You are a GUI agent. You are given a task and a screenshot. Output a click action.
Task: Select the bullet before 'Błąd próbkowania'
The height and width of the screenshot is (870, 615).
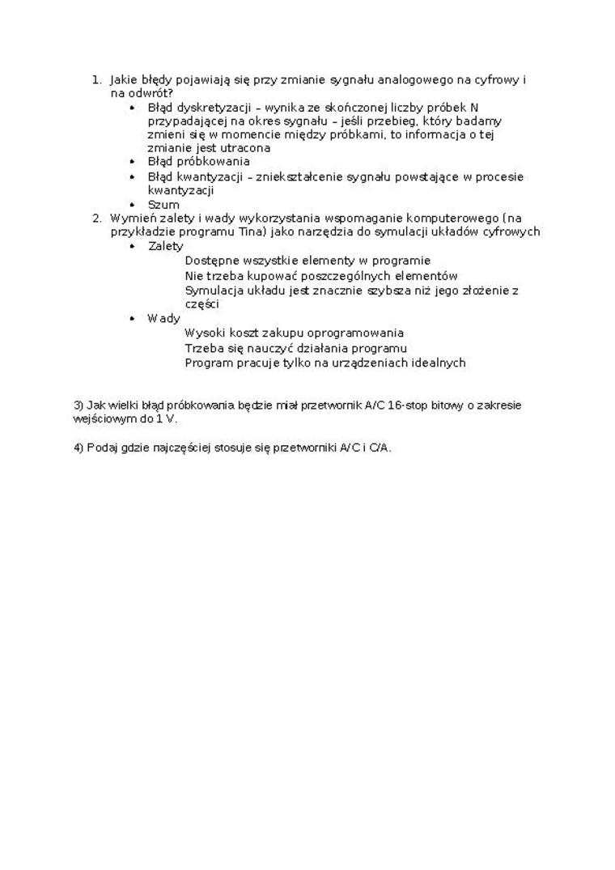click(133, 162)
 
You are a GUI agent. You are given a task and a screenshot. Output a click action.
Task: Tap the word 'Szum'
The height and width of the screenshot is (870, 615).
click(163, 205)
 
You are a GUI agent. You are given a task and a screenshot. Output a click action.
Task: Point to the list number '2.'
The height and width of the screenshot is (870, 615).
click(97, 218)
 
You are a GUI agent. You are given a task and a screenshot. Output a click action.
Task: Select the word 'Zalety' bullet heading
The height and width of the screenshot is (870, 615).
click(166, 246)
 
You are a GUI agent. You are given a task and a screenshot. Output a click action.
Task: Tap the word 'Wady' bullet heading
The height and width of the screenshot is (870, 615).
click(163, 318)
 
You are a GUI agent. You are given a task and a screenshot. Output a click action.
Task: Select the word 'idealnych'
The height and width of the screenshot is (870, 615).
click(439, 363)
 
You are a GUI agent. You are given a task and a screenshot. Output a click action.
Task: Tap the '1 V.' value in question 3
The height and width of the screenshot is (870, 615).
click(166, 419)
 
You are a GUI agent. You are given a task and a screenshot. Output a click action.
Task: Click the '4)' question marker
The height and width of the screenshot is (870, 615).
click(78, 448)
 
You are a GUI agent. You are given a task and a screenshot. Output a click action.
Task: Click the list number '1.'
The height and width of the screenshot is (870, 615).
click(96, 80)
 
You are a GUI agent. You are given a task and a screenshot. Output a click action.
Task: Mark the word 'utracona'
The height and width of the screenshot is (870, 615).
click(244, 148)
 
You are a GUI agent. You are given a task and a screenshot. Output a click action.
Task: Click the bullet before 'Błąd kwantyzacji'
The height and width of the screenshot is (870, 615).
click(133, 177)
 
